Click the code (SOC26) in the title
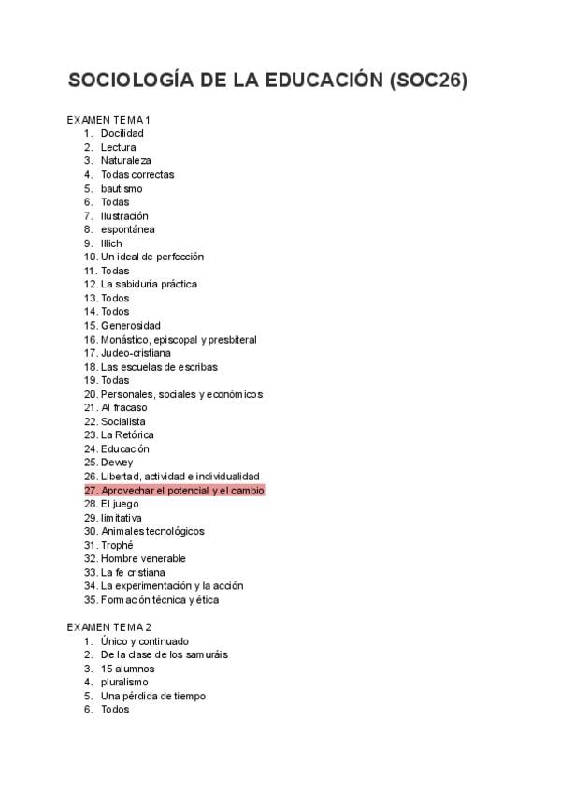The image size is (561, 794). click(426, 81)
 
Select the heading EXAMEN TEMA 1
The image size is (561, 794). click(108, 120)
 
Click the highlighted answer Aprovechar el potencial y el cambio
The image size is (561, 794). click(182, 491)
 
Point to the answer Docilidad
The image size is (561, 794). click(122, 134)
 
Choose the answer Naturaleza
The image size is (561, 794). click(125, 161)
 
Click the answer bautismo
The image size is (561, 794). click(122, 188)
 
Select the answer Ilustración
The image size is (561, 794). click(124, 216)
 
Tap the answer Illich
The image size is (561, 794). click(111, 243)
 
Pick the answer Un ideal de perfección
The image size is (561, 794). click(152, 257)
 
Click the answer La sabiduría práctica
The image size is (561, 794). click(149, 284)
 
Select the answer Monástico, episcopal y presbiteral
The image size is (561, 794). click(179, 339)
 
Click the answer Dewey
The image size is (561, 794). click(117, 463)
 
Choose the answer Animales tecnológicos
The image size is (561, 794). click(152, 531)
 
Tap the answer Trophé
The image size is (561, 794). click(117, 545)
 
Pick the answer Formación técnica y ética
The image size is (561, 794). click(160, 600)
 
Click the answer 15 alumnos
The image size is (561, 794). click(128, 669)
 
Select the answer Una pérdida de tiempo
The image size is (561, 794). click(153, 696)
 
